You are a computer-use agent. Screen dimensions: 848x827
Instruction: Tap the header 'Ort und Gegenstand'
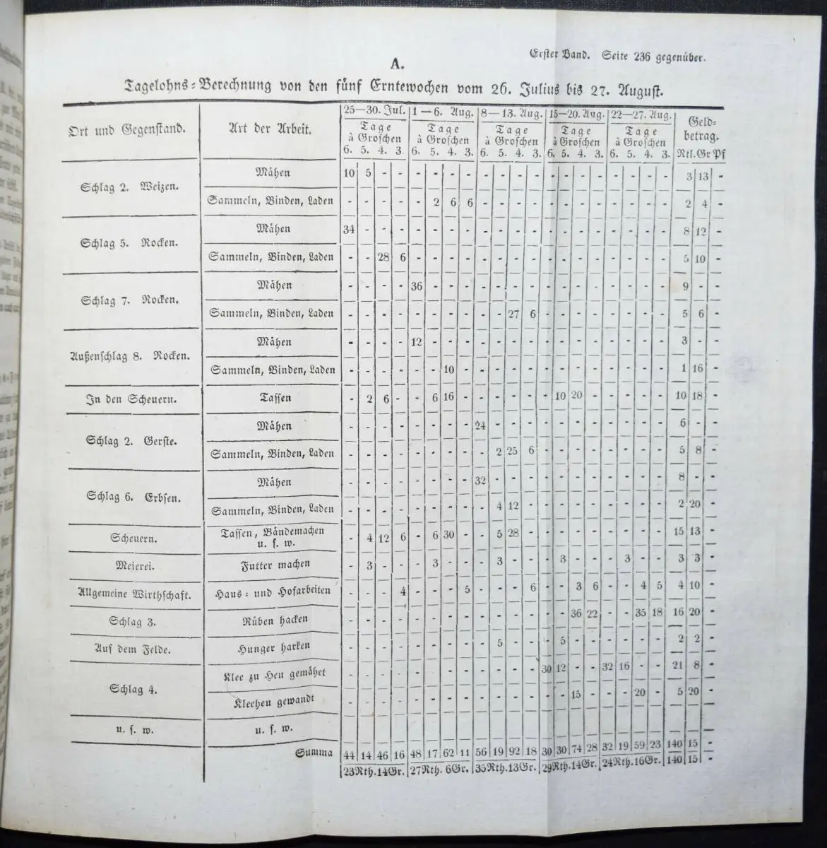click(x=127, y=129)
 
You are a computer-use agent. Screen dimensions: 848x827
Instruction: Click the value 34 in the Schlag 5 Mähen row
click(x=348, y=229)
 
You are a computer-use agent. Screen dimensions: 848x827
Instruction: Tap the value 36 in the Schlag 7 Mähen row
click(x=417, y=285)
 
